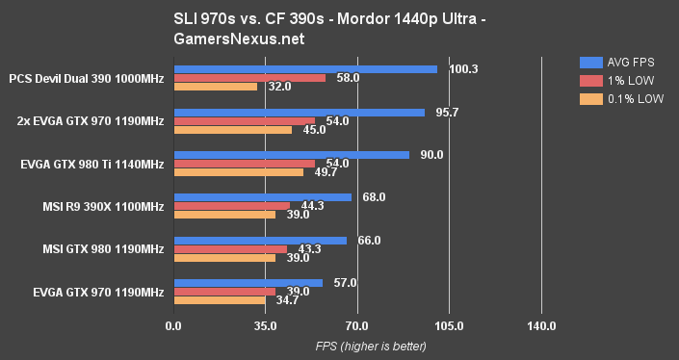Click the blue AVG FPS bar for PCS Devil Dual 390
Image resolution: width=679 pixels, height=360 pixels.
point(304,69)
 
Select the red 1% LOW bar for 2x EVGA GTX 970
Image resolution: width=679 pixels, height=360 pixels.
point(244,121)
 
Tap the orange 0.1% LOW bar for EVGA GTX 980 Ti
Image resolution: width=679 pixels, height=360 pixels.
point(238,172)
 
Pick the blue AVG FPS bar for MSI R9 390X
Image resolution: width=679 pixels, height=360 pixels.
point(262,197)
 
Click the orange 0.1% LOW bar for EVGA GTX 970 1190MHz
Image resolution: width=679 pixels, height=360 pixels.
point(219,300)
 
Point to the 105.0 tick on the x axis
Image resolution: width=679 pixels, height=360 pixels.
point(449,327)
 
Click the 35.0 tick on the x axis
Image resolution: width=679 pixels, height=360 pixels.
point(265,327)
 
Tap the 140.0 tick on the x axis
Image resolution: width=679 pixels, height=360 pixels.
point(541,327)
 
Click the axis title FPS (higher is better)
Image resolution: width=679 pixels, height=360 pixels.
point(356,347)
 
